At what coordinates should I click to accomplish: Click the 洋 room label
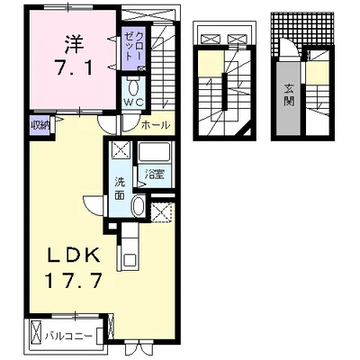[73, 45]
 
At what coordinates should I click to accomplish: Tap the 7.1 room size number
[72, 67]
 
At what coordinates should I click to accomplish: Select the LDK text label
[73, 256]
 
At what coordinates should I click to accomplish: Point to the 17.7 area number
[74, 280]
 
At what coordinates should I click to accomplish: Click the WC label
[134, 103]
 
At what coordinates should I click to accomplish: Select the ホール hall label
[156, 124]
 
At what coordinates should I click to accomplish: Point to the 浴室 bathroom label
[154, 175]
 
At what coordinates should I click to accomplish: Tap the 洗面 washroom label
[121, 189]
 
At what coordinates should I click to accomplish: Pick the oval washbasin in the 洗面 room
[139, 205]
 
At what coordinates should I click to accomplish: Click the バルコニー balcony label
[68, 336]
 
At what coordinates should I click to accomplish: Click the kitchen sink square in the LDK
[130, 258]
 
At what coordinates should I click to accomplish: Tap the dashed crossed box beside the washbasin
[161, 212]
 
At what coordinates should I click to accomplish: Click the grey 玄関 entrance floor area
[288, 99]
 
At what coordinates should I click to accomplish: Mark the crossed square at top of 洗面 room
[121, 151]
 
